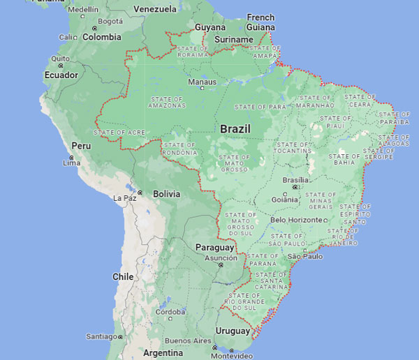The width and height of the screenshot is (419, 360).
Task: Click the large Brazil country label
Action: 235,129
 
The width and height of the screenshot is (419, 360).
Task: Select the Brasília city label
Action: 295,179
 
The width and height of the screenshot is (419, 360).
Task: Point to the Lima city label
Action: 71,163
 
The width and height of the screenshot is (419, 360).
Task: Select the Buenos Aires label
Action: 188,340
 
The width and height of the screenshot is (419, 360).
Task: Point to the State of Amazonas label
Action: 166,103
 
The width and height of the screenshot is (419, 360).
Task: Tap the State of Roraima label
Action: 193,51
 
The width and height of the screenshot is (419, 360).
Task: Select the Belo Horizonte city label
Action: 297,220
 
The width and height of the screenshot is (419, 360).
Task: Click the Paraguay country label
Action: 214,247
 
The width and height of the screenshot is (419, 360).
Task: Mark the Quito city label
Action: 59,59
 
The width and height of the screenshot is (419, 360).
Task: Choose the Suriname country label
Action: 233,40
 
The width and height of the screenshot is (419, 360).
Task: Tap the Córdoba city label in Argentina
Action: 170,312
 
